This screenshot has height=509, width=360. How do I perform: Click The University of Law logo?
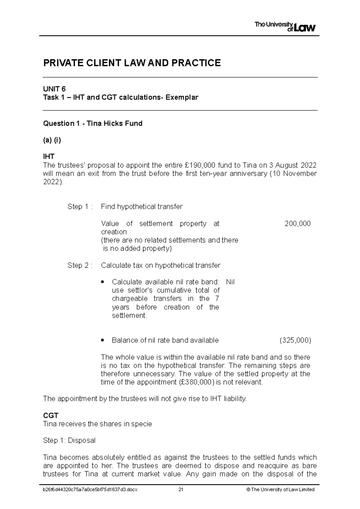click(285, 27)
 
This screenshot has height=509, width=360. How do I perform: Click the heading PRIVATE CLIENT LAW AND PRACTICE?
click(132, 63)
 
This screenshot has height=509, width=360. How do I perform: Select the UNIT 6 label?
click(54, 89)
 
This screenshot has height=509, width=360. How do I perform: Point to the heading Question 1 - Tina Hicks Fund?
click(93, 124)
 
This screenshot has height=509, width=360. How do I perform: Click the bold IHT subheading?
click(49, 156)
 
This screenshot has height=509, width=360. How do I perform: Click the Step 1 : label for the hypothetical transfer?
click(80, 207)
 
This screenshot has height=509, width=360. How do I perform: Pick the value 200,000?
click(297, 224)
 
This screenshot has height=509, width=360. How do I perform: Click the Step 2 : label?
click(80, 265)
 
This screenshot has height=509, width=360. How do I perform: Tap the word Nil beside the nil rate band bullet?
click(230, 282)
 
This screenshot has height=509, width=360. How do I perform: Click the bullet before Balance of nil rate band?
click(103, 340)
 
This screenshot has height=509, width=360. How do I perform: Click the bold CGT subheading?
click(51, 415)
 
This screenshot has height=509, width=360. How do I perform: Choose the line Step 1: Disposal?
click(69, 440)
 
